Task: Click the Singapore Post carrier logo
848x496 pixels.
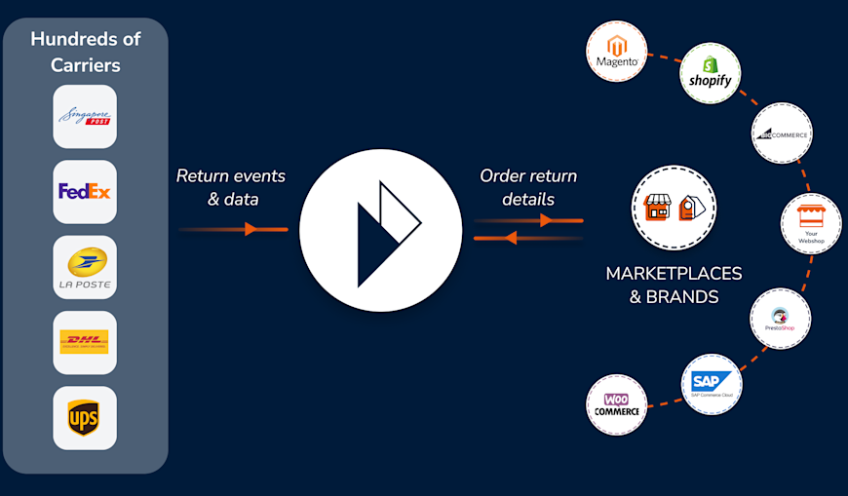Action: coord(85,117)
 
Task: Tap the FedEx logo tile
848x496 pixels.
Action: coord(85,192)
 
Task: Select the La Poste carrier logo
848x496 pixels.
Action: coord(85,268)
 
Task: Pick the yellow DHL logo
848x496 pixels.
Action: coord(85,343)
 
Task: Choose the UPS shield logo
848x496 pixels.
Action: coord(85,418)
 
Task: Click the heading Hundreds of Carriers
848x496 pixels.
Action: coord(86,52)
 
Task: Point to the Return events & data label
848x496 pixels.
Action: coord(231,187)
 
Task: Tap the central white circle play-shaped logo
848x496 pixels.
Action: coord(380,230)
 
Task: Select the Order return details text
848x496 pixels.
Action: coord(528,187)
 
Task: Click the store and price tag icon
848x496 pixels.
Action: coord(674,208)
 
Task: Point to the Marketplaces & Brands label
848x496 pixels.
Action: coord(674,285)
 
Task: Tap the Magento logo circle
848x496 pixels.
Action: coord(617,52)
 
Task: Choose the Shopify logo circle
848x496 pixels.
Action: coord(710,73)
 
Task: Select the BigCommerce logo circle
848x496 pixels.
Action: coord(783,134)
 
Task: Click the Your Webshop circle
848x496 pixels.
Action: coord(811,224)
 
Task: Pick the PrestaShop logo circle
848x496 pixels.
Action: coord(780,319)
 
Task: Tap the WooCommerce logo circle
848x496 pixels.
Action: coord(617,405)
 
